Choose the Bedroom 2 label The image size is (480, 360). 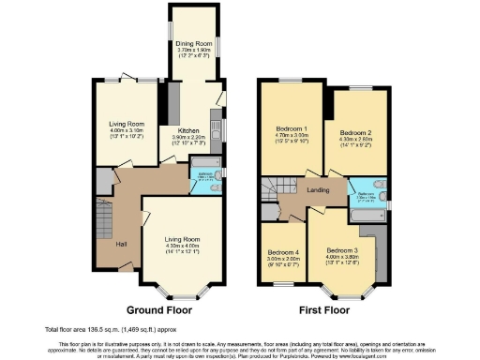pyautogui.click(x=354, y=135)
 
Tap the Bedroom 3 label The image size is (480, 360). pyautogui.click(x=341, y=250)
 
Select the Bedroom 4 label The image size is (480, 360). pyautogui.click(x=284, y=252)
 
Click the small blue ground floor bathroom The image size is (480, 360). pyautogui.click(x=204, y=178)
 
